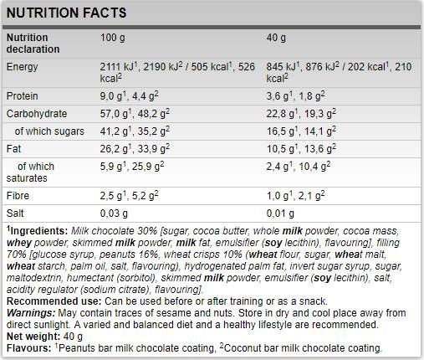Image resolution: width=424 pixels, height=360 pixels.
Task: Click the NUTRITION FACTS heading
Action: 66,13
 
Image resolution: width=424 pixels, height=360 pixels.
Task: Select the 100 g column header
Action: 113,38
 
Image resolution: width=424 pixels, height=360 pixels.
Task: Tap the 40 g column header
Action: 276,38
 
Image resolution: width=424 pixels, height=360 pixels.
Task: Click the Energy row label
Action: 22,67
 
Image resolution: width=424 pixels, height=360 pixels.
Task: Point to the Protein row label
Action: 22,96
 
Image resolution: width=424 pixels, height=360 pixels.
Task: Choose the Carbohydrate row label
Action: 37,114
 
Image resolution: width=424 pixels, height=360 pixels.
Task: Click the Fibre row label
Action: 18,196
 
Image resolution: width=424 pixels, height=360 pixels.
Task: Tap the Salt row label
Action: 15,213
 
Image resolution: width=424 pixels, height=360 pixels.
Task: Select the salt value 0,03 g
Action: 114,213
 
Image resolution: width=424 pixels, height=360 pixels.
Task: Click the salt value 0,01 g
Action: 280,213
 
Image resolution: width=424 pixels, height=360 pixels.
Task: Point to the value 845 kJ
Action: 281,67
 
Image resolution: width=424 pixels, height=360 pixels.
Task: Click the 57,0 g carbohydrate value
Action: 114,114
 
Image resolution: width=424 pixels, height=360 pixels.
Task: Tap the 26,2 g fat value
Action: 114,149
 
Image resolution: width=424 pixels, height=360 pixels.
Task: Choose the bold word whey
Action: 19,243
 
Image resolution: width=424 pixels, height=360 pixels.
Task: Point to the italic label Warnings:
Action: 31,313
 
